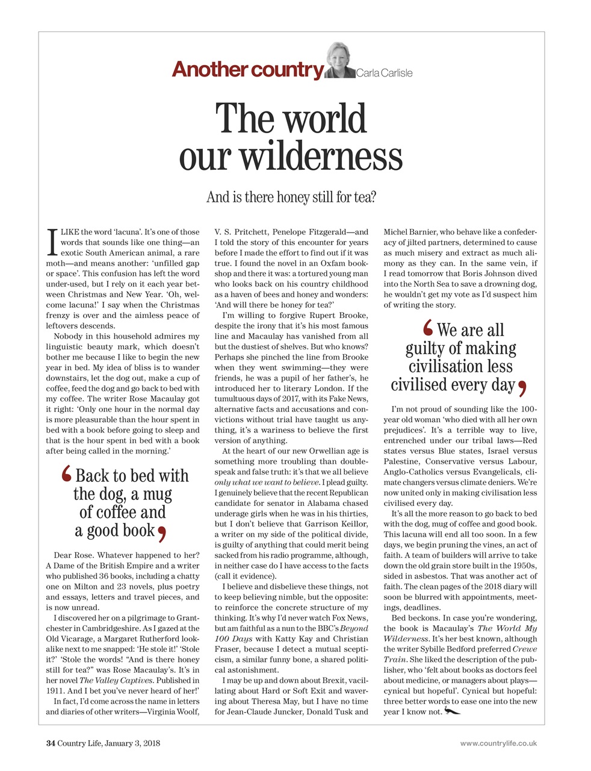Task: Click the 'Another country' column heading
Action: pyautogui.click(x=247, y=69)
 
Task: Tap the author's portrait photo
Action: pyautogui.click(x=340, y=61)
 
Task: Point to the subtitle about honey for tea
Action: pyautogui.click(x=291, y=197)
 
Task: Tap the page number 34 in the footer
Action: pyautogui.click(x=51, y=743)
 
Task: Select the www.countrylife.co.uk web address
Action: pyautogui.click(x=498, y=743)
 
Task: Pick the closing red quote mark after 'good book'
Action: pyautogui.click(x=161, y=532)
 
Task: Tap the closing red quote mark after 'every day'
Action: pyautogui.click(x=522, y=386)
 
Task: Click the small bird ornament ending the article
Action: pyautogui.click(x=452, y=712)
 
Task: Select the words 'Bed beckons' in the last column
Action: pyautogui.click(x=415, y=618)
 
